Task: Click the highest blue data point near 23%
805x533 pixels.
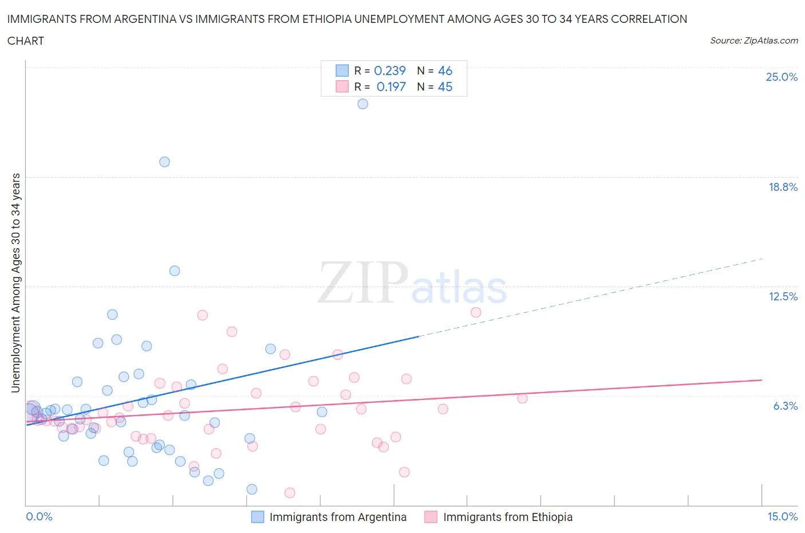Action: coord(362,104)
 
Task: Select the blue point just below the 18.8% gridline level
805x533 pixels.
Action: coord(164,162)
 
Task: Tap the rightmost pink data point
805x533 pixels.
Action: coord(522,398)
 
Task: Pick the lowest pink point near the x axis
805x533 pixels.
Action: coord(290,493)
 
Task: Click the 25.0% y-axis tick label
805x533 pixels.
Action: coord(782,77)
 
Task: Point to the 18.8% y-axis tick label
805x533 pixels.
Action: coord(783,187)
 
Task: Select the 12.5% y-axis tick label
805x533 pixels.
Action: coord(783,296)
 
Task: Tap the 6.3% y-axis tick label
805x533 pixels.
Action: coord(785,406)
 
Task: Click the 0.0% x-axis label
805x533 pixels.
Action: coord(40,516)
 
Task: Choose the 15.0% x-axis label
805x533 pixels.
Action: coord(782,516)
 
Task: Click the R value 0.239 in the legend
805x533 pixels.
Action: coord(390,70)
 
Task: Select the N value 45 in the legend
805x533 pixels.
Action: coord(445,87)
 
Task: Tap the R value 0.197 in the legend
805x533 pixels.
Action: coord(391,87)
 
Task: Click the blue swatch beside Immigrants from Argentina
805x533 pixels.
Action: coord(258,517)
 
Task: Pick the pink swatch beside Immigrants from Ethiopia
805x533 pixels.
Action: coord(431,517)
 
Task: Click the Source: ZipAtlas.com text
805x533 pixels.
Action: coord(753,40)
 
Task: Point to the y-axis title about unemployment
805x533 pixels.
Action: coord(16,283)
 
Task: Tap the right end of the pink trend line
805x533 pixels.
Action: coord(761,380)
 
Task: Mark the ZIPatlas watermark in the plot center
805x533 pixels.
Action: coord(412,283)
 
